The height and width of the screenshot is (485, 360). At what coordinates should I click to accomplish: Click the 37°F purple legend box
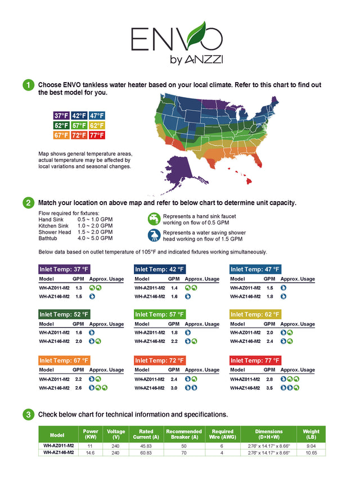click(61, 116)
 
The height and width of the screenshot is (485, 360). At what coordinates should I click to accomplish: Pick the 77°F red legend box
click(97, 135)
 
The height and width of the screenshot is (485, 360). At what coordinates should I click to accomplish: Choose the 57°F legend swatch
click(79, 126)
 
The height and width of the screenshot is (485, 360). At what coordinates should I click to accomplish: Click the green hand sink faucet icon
click(154, 219)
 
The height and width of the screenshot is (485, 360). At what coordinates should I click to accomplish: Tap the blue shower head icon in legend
click(154, 235)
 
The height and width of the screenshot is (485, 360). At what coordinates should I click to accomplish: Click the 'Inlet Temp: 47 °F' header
click(255, 269)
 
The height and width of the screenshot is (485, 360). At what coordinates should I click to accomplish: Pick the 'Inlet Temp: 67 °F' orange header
click(64, 360)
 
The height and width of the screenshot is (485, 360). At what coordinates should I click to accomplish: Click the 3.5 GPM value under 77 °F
click(269, 388)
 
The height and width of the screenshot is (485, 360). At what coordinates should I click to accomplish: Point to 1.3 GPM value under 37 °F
click(79, 288)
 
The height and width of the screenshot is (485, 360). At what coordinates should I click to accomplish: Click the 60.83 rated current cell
click(146, 452)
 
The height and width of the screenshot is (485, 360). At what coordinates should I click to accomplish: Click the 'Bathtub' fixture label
click(48, 238)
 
